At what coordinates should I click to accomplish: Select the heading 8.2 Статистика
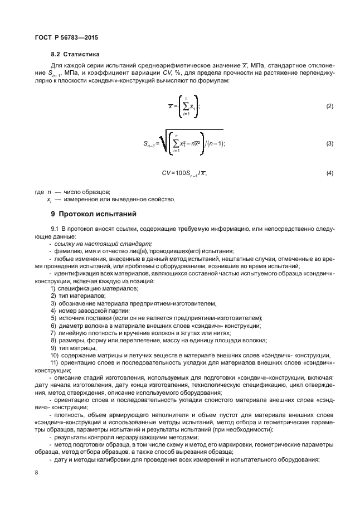pos(75,55)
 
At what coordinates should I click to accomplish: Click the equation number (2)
pos(329,106)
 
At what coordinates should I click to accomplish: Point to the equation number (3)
pos(329,144)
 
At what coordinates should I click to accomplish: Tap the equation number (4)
pos(329,173)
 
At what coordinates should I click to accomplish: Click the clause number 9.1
pos(55,229)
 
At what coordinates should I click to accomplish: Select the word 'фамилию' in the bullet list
pos(67,251)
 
